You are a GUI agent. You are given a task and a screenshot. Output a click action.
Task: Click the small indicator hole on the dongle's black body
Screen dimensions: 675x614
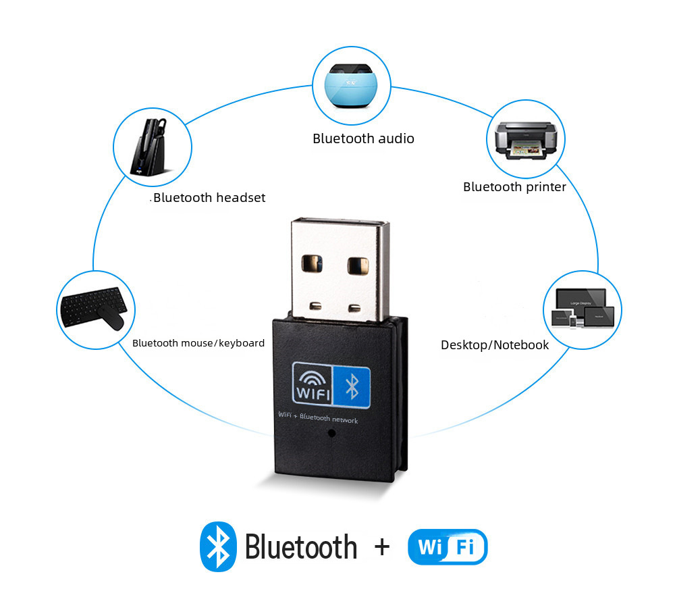331,434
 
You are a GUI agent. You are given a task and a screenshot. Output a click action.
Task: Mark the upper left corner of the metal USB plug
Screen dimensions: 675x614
292,220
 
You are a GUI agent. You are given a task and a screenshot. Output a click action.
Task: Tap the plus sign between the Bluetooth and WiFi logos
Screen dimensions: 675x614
382,546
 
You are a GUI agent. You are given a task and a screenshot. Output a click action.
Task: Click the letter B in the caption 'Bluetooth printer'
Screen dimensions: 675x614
467,187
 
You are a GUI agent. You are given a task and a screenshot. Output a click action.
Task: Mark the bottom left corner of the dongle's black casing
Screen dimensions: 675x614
275,471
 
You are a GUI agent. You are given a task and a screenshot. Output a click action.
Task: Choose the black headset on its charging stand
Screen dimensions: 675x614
150,147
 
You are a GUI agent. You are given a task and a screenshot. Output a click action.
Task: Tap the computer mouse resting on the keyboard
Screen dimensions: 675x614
110,318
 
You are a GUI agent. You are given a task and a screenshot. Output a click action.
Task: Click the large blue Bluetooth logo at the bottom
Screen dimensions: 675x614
218,546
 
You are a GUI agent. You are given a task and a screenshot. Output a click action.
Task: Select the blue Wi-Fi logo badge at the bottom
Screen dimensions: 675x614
448,546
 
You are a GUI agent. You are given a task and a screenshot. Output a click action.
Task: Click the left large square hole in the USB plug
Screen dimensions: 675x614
312,263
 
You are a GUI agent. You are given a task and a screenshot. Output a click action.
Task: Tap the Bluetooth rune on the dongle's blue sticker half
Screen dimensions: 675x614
352,386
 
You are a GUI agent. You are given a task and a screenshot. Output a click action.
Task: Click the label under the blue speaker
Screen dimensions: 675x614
363,138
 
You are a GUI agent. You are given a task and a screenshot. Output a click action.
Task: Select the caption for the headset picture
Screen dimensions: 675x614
209,197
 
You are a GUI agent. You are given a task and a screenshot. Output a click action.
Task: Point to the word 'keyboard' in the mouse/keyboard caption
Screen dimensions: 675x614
242,343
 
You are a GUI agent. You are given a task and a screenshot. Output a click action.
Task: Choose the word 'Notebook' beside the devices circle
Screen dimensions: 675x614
521,345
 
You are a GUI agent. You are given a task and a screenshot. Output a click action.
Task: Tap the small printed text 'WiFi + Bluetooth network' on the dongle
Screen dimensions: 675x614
318,417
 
